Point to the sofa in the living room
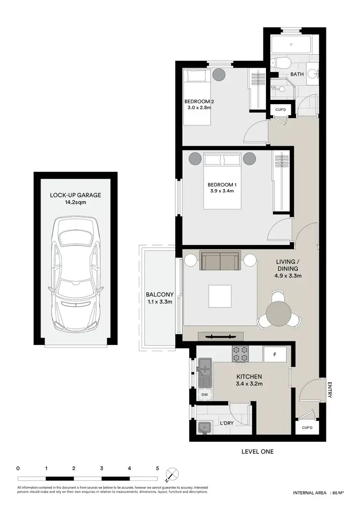pos(220,260)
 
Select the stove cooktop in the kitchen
pos(240,355)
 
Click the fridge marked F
pos(275,355)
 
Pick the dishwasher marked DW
pos(204,394)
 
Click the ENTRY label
pos(330,390)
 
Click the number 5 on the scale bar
pos(157,468)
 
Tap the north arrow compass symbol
pos(171,474)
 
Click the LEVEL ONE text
pos(258,451)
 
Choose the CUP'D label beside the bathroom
pos(281,110)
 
